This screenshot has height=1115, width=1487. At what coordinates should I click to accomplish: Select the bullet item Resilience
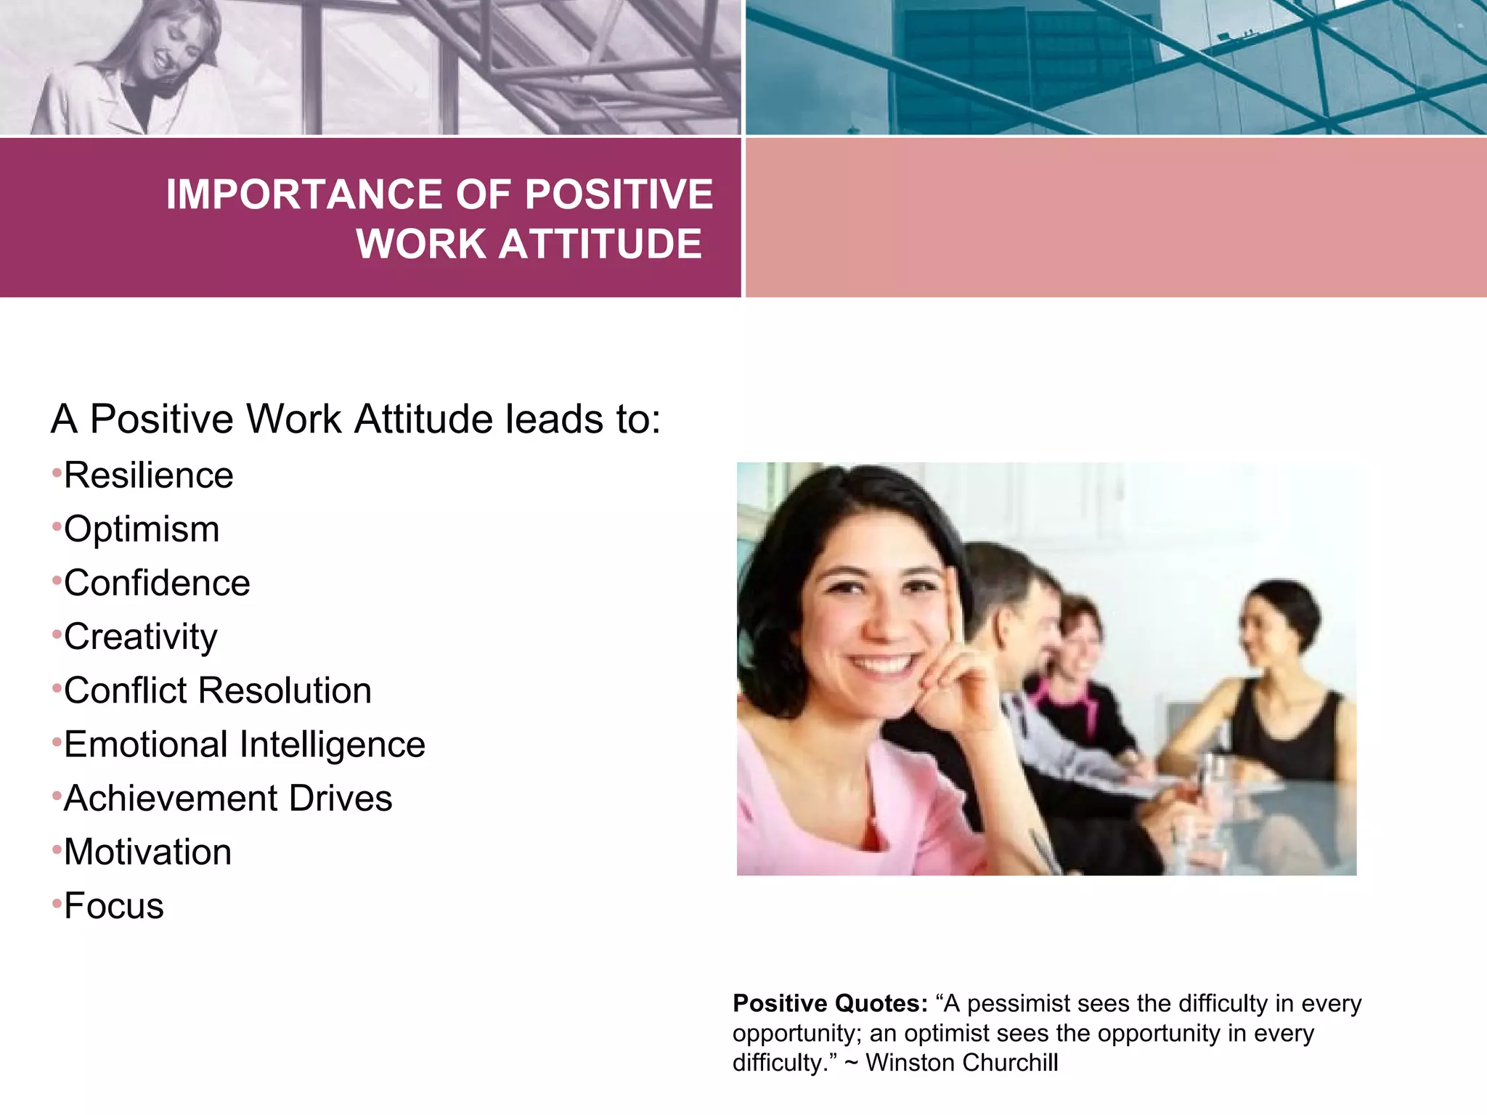tap(148, 475)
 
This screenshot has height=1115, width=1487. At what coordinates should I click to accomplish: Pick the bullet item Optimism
tap(142, 529)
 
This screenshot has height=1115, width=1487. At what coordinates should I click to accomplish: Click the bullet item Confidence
tap(157, 583)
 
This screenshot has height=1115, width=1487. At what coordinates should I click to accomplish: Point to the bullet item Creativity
tap(140, 637)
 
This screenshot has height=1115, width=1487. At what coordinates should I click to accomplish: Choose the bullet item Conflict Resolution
tap(217, 690)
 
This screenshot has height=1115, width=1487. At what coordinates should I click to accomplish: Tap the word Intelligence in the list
tap(332, 745)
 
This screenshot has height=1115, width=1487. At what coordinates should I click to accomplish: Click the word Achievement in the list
tap(170, 799)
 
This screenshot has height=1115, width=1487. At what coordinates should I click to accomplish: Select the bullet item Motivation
tap(147, 852)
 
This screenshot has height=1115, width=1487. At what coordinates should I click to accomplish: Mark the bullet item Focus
tap(114, 906)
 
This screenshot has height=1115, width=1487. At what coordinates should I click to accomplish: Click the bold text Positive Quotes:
tap(830, 1003)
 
